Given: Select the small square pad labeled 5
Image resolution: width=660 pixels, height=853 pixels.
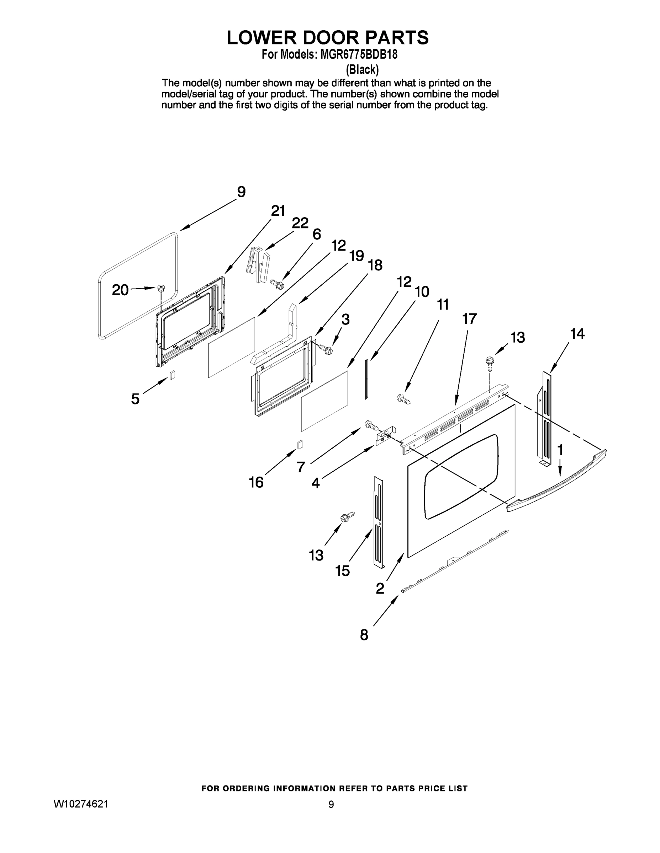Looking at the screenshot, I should tap(172, 375).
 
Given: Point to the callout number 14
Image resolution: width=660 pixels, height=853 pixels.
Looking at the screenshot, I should tap(577, 334).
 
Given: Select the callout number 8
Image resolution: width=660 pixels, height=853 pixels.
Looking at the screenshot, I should tap(364, 635).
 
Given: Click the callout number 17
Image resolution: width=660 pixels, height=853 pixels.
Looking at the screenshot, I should tap(469, 319).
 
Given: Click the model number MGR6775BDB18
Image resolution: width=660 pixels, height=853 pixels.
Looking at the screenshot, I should tap(359, 54).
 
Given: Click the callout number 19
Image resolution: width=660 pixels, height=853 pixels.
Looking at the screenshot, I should tap(356, 256).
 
